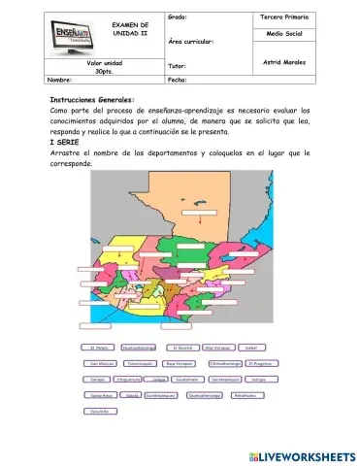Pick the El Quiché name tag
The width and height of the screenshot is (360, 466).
[x=182, y=347]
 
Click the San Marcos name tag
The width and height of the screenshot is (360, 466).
[x=97, y=363]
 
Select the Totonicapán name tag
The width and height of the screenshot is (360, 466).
[x=139, y=363]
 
